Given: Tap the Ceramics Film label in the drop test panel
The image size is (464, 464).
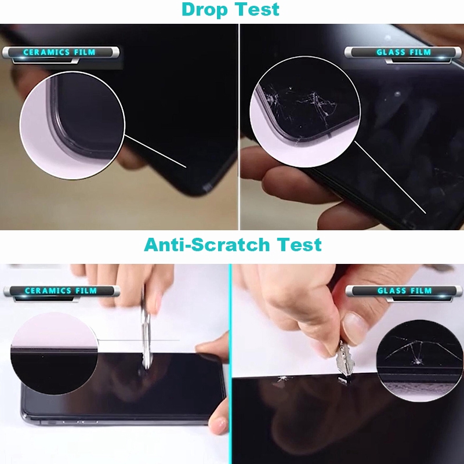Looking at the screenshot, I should pos(60,53).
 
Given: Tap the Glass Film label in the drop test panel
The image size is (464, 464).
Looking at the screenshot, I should pos(404,53).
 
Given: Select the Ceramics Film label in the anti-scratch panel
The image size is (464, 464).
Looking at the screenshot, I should pos(60,291).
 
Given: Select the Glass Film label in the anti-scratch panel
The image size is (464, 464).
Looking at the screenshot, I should pos(405,291).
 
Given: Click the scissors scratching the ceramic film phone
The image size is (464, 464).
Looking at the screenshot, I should pos(147,331).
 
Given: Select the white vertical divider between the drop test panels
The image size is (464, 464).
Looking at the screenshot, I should pos(239,128).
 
